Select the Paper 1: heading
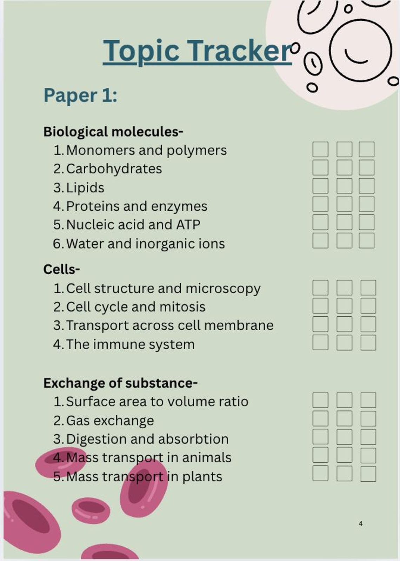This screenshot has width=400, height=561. coord(80,95)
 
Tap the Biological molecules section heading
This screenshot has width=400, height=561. coord(113,132)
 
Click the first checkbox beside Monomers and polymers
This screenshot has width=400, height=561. coord(320,149)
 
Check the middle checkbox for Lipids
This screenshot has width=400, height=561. coord(345,186)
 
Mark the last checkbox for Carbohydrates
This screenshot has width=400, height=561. coord(366,167)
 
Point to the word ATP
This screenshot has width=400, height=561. coord(188,224)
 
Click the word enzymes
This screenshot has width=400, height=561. coord(179,207)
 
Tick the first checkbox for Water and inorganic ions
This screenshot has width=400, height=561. coord(320,240)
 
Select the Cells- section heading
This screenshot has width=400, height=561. coord(61,270)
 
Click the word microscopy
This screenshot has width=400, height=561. coord(223,289)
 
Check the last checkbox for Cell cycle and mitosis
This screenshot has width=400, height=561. coord(368,306)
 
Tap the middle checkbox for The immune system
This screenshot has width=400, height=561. coord(345,342)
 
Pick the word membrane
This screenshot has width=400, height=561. coord(239,325)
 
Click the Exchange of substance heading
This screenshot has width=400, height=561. coord(120,383)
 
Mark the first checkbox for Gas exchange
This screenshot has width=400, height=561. coord(320,418)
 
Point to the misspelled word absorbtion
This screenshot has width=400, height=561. coord(193,439)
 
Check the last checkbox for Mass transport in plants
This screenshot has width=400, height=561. coord(368,474)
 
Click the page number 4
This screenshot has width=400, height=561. coord(361,523)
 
